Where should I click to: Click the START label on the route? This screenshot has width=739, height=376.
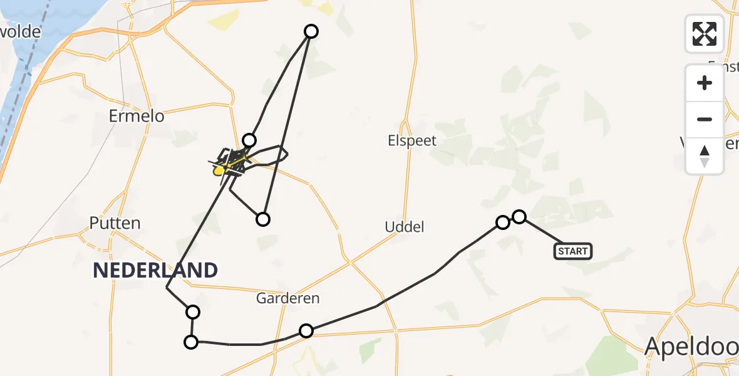(x=572, y=251)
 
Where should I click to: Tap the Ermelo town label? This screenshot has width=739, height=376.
(x=136, y=116)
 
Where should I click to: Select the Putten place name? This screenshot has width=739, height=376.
(x=115, y=223)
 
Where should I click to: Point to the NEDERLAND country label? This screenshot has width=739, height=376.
(x=155, y=271)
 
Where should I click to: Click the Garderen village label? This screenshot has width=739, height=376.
(x=287, y=299)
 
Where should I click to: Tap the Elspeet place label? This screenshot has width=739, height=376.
(x=411, y=141)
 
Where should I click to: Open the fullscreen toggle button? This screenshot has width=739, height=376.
(x=705, y=34)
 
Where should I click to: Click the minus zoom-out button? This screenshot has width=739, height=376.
(x=705, y=119)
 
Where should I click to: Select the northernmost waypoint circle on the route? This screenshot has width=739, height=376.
(x=311, y=31)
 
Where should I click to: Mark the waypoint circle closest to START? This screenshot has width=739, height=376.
(x=519, y=217)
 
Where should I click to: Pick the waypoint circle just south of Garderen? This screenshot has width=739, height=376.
(x=306, y=331)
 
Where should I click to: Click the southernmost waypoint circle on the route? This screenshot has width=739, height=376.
(x=190, y=342)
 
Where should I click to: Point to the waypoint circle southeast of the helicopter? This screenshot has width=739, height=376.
(x=263, y=219)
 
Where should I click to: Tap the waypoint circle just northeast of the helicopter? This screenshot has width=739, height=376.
(x=249, y=140)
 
